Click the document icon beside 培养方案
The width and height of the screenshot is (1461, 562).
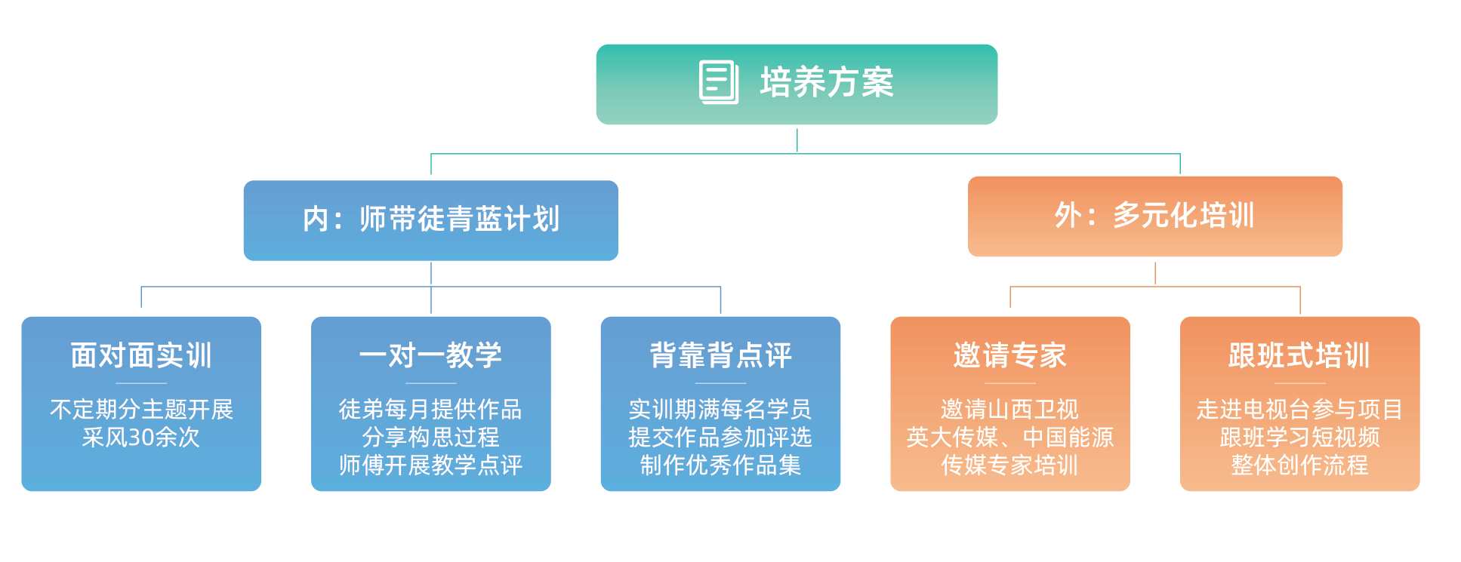[x=718, y=82]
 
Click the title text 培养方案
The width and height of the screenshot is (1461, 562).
[x=827, y=83]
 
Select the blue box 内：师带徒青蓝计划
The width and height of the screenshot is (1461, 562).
[x=430, y=220]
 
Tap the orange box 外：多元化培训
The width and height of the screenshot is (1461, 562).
[x=1154, y=217]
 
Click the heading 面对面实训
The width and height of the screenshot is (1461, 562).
[x=141, y=355]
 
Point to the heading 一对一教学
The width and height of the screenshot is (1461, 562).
[x=430, y=355]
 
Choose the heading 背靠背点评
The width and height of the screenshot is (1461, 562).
[x=720, y=355]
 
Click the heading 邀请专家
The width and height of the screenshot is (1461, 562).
[x=1009, y=355]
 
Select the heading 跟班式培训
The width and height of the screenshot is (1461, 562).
[x=1299, y=355]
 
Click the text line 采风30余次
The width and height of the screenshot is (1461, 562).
[x=141, y=438]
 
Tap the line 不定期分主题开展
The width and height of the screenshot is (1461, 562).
[x=141, y=410]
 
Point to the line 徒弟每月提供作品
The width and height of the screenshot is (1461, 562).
[x=430, y=410]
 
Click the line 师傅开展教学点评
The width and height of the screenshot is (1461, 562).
[x=430, y=465]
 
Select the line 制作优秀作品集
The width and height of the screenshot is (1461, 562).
[x=720, y=465]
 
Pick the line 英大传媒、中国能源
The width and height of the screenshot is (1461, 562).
[x=1009, y=438]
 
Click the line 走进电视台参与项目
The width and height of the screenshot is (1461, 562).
[x=1299, y=410]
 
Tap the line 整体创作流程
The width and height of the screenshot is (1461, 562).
[x=1299, y=465]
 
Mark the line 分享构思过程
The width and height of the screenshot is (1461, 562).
[x=430, y=438]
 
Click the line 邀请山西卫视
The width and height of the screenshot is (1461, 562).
[x=1009, y=410]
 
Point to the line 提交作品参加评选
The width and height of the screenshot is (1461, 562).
[x=720, y=438]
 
